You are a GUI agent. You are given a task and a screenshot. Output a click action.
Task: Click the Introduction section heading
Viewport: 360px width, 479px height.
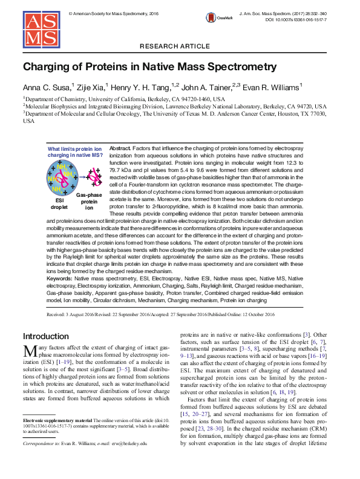tap(46, 336)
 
